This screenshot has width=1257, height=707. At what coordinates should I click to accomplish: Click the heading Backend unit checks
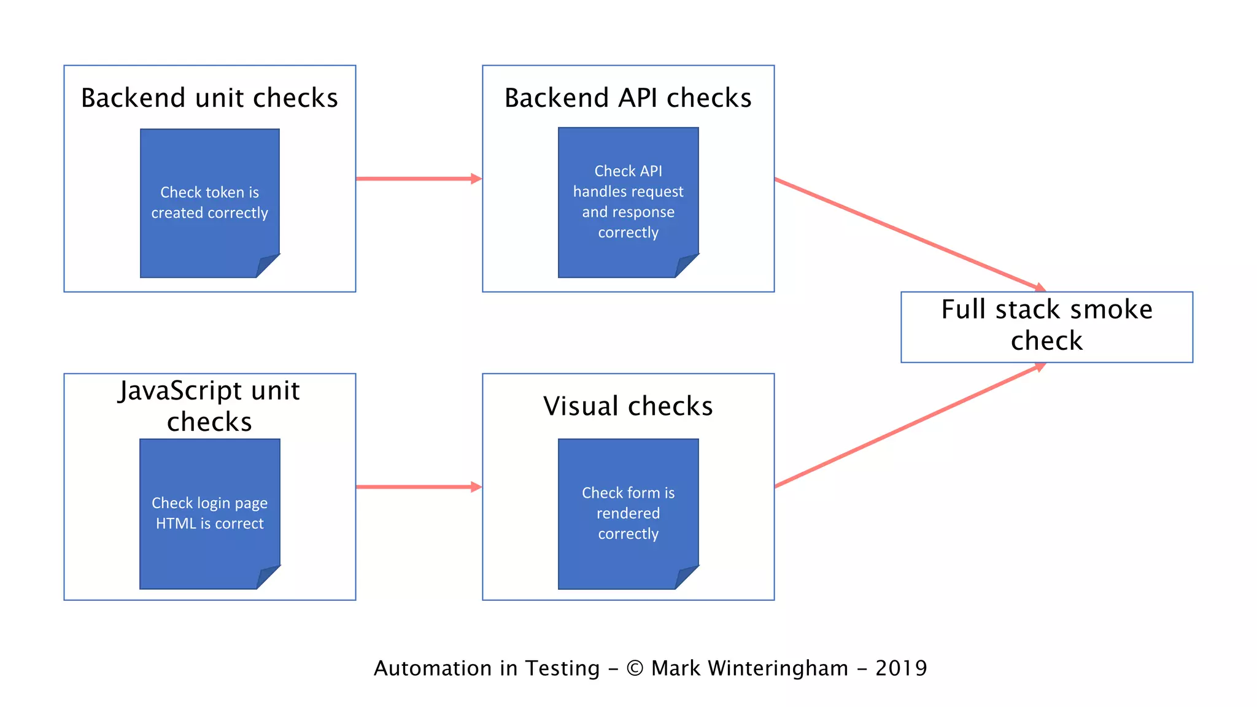tap(209, 98)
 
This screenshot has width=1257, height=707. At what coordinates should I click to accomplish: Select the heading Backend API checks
tap(628, 98)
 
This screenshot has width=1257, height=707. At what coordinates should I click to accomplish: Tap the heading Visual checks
tap(628, 406)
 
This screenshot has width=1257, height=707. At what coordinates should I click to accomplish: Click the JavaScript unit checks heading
tap(209, 406)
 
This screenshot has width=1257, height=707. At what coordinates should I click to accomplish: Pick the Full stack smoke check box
tap(1046, 326)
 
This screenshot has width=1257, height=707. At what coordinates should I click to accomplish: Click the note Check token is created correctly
tap(209, 203)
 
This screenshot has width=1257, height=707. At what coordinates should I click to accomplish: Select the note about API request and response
tap(628, 201)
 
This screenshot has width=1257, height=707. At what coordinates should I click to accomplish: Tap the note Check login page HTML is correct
tap(209, 513)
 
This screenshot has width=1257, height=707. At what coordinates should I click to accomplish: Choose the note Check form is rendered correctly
tap(628, 513)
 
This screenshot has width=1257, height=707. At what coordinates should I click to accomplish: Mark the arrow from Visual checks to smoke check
tap(908, 425)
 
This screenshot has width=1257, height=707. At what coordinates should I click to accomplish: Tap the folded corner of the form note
tap(686, 577)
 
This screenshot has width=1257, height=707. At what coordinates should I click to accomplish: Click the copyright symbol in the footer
tap(635, 668)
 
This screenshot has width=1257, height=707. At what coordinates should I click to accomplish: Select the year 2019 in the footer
tap(901, 668)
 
